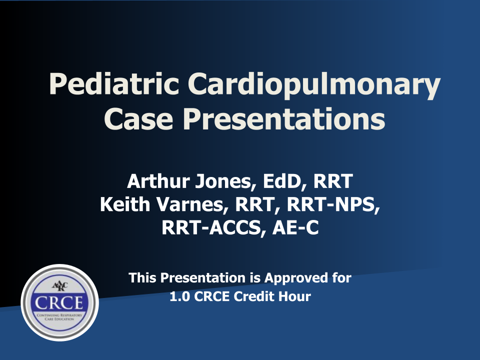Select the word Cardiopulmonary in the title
click(314, 86)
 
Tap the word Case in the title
click(138, 119)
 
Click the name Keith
click(125, 204)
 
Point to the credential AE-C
click(295, 228)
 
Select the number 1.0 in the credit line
click(179, 296)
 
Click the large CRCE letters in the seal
click(59, 303)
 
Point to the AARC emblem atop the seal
click(60, 286)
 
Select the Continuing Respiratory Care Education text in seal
click(59, 317)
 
